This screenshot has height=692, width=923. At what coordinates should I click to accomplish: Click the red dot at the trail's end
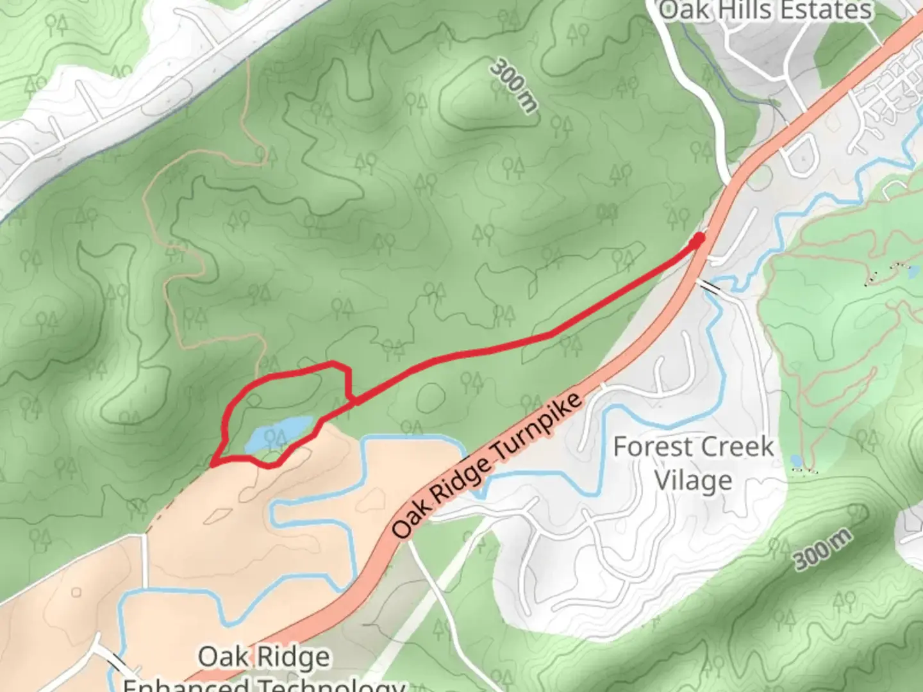(x=698, y=239)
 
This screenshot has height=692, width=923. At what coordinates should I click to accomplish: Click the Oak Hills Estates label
(x=765, y=10)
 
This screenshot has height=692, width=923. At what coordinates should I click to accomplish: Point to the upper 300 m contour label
(x=513, y=86)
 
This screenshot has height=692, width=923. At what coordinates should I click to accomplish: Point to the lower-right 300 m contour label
(x=824, y=549)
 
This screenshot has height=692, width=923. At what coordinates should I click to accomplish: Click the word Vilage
(x=694, y=480)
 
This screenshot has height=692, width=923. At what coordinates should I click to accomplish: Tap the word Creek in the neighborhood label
(x=735, y=447)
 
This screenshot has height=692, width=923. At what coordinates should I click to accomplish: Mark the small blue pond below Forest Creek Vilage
(x=796, y=461)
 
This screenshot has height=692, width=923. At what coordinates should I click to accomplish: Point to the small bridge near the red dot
(x=710, y=286)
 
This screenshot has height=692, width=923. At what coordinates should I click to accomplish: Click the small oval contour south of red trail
(x=431, y=398)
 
